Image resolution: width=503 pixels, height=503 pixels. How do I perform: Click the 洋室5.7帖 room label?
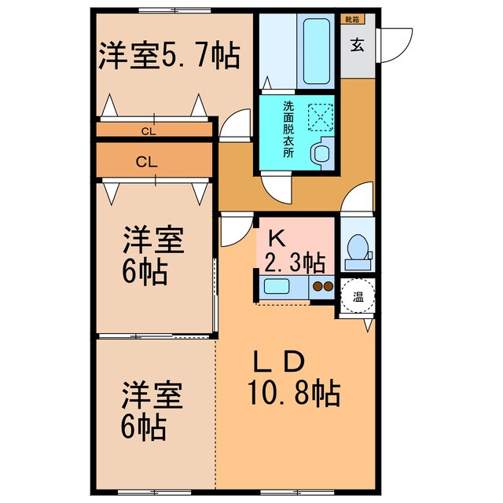pos(168,57)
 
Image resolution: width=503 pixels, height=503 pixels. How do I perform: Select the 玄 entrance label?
pos(358,46)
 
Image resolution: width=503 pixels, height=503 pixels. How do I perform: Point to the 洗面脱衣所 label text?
pos(288,130)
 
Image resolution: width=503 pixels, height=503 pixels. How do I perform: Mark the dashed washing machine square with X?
pos(321,119)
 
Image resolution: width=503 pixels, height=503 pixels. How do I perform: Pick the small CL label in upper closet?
pos(149,131)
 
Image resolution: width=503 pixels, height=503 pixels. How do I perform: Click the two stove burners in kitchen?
pos(322,287)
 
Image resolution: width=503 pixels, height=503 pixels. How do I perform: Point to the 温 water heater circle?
pos(358,297)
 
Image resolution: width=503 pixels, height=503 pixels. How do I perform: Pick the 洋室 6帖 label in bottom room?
pos(152,410)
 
